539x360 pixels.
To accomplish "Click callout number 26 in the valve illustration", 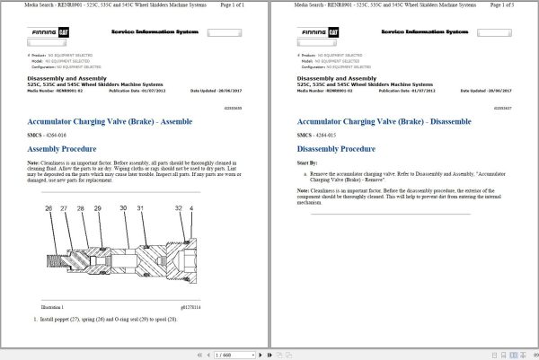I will (x=48, y=208).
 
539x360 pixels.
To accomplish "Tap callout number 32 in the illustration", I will (x=180, y=208).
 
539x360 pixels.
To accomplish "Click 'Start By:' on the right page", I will (x=307, y=164).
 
